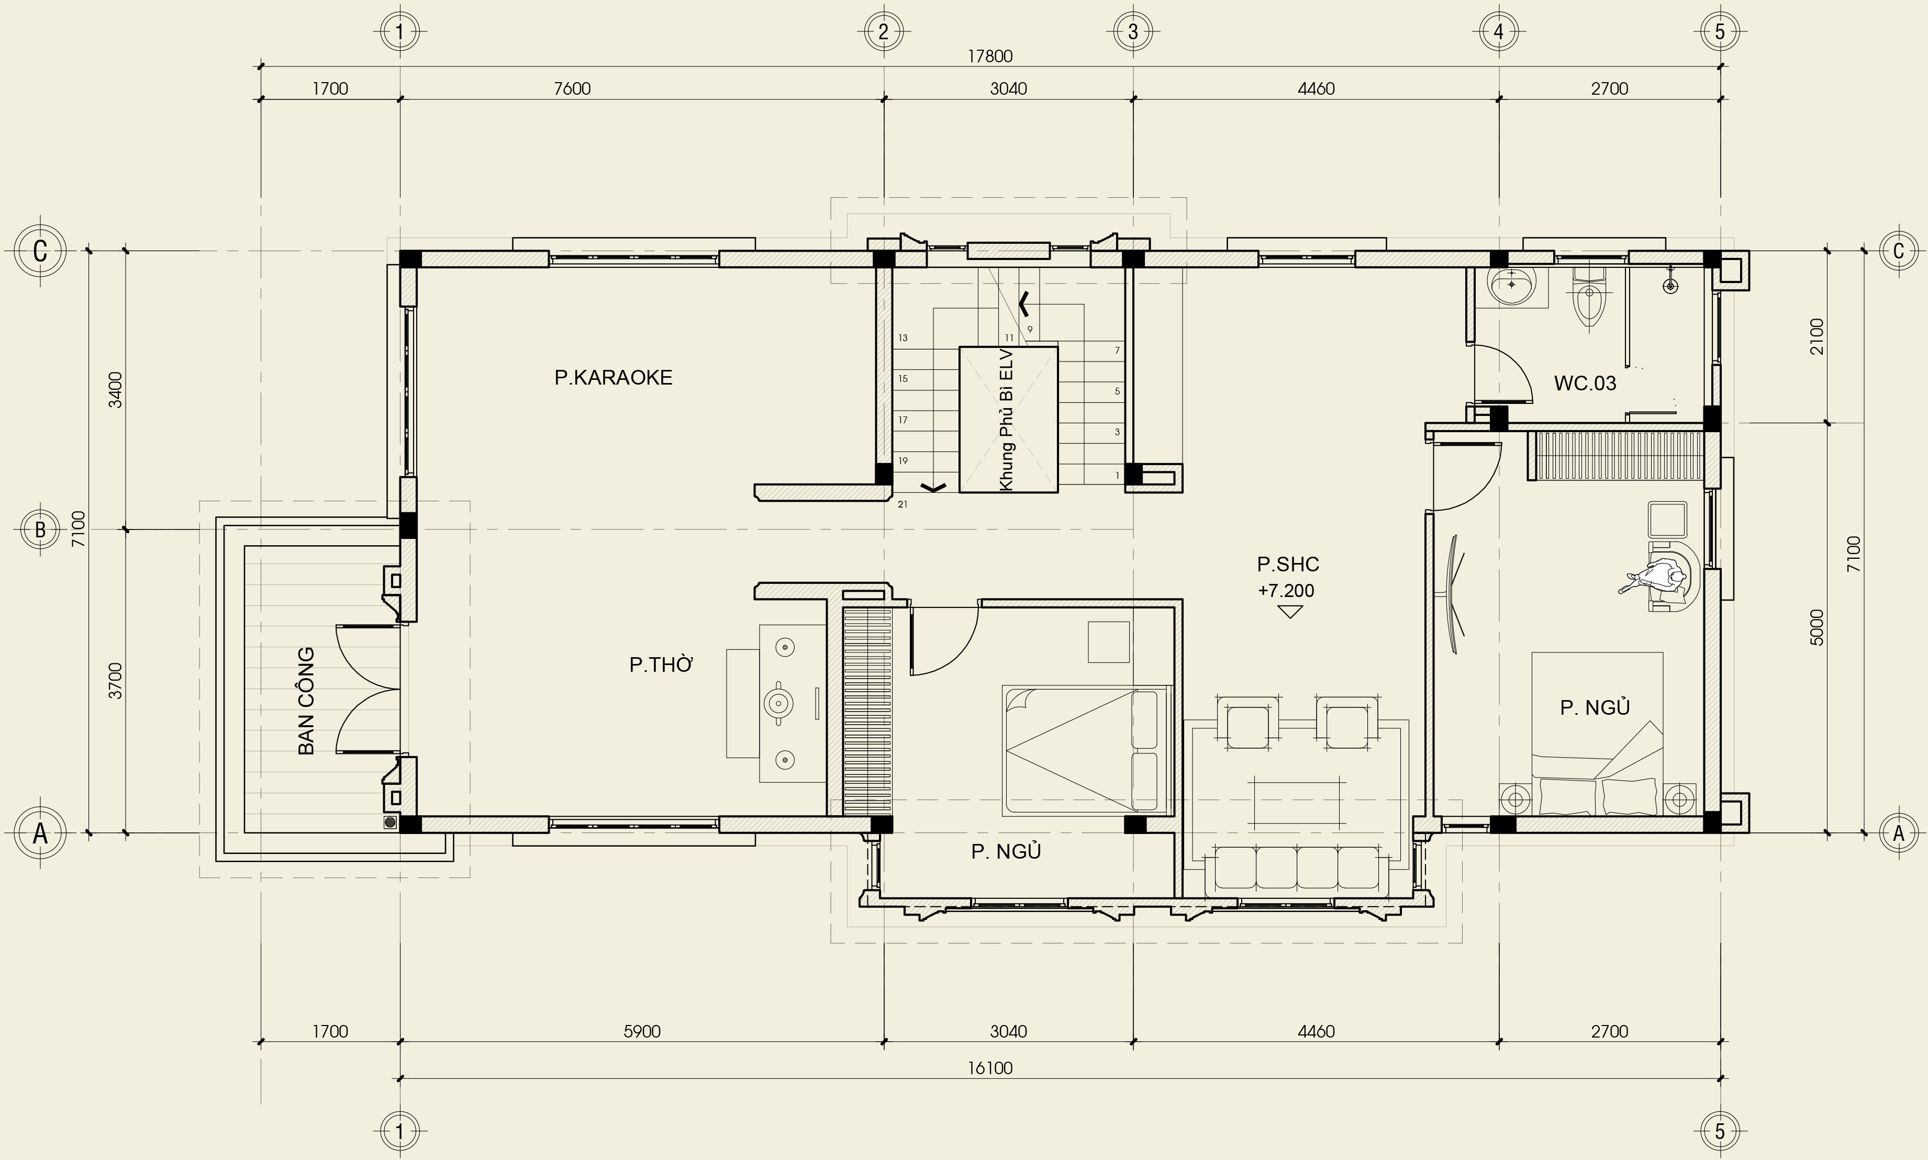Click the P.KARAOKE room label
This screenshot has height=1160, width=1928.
point(613,378)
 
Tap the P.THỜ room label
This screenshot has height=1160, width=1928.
point(662,665)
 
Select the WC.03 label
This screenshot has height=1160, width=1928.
point(1584,383)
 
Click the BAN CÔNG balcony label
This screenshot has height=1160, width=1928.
point(306,701)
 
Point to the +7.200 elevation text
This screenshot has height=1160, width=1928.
point(1286,590)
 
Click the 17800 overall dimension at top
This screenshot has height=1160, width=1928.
point(990,57)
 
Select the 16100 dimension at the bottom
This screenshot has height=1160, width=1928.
point(990,1068)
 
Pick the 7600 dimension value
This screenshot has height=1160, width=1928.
point(572,88)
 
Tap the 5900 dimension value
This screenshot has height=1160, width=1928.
point(642,1031)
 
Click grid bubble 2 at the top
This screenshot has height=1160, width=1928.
point(884,32)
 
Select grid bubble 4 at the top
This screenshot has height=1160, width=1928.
point(1499,32)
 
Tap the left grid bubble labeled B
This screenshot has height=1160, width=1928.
point(41,529)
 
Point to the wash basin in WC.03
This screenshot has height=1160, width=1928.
point(1511,286)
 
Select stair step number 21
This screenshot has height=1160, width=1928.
point(902,504)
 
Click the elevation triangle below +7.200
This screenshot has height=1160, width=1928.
point(1289,612)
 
